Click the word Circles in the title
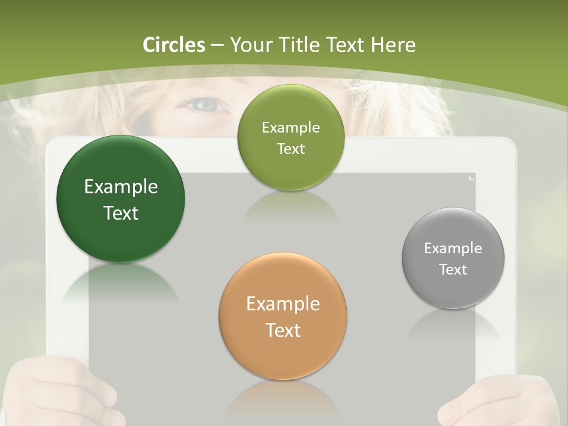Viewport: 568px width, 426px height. click(x=173, y=45)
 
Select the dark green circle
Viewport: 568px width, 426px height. click(x=121, y=199)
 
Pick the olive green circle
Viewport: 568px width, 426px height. click(x=291, y=137)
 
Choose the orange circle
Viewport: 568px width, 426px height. click(x=283, y=316)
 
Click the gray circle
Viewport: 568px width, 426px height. click(x=453, y=258)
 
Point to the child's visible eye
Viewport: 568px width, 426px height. click(x=205, y=106)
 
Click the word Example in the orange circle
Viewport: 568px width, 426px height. click(x=283, y=304)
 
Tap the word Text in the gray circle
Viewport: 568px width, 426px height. click(x=453, y=270)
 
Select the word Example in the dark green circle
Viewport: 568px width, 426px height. click(x=121, y=187)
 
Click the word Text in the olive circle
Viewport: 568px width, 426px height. click(x=291, y=149)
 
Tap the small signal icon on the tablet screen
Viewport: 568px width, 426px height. click(x=471, y=177)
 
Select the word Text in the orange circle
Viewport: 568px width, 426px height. click(x=283, y=330)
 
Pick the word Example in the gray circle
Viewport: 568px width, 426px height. click(x=453, y=248)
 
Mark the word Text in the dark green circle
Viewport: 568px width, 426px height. click(x=121, y=213)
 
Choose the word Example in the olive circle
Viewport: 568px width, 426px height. click(x=291, y=127)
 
